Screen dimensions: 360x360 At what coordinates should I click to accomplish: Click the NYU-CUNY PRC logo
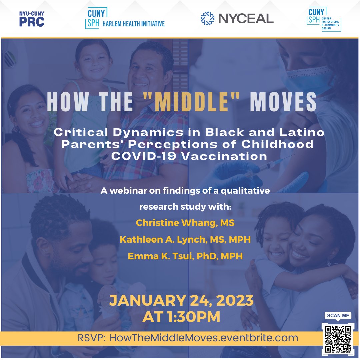pyautogui.click(x=32, y=19)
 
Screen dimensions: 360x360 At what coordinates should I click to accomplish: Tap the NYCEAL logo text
pyautogui.click(x=246, y=18)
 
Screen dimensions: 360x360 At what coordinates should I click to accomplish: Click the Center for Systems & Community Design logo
pyautogui.click(x=324, y=19)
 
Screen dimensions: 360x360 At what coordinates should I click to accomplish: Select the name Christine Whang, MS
pyautogui.click(x=185, y=223)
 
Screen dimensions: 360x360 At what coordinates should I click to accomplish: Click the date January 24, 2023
pyautogui.click(x=181, y=301)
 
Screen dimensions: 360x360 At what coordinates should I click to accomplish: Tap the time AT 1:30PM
pyautogui.click(x=181, y=317)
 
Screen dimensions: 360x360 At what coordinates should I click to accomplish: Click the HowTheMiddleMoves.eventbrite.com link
pyautogui.click(x=204, y=338)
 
